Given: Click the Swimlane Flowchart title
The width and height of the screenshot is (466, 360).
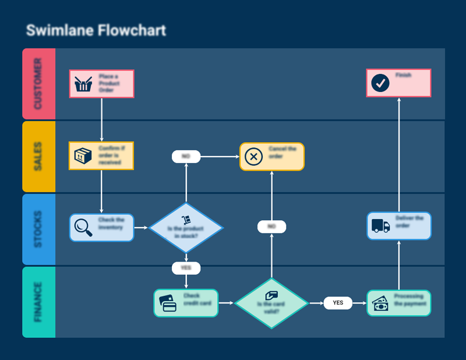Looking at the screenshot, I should (96, 31).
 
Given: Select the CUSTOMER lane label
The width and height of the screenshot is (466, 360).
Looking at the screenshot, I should (38, 84).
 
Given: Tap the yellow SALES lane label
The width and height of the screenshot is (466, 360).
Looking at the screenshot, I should (38, 156).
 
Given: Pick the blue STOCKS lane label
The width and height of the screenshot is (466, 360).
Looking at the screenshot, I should (38, 229).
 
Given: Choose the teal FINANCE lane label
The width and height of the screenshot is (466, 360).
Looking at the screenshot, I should (38, 302).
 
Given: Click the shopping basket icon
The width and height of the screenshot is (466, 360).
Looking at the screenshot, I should (83, 84).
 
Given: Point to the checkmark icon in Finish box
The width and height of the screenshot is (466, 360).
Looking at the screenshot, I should (380, 83).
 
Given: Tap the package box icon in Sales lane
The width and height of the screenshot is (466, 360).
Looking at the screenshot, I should (83, 156).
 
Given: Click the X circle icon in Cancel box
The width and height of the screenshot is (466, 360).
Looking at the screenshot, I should (253, 157).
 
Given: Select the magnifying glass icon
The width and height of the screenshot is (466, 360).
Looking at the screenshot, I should (83, 227).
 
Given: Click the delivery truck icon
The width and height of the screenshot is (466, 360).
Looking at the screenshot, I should (380, 226).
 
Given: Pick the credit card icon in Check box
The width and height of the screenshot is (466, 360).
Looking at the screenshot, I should (168, 303).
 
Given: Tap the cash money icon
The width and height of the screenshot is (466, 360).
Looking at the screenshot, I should (380, 304).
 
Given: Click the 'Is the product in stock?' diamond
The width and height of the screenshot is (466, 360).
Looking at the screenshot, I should (186, 227).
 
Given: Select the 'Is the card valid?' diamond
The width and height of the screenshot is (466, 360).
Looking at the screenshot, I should (271, 303).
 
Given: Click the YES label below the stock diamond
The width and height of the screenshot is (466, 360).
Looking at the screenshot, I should (186, 268).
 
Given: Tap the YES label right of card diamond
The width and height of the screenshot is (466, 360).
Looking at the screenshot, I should (338, 303).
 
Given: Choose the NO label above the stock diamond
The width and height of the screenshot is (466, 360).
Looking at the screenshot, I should (186, 156).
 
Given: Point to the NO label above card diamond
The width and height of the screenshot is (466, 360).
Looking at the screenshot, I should (271, 226).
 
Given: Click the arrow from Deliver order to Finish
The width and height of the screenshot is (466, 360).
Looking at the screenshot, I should (399, 154).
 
